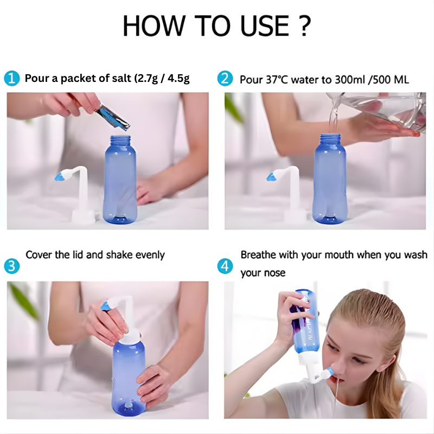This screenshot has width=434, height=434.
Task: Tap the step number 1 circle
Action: (11, 78)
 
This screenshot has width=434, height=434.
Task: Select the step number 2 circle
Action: (225, 78)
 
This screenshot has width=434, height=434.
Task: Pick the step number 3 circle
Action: (11, 266)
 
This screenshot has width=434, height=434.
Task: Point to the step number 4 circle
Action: (225, 266)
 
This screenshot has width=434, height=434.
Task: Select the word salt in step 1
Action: (118, 79)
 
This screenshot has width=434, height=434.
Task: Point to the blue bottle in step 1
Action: (119, 179)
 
